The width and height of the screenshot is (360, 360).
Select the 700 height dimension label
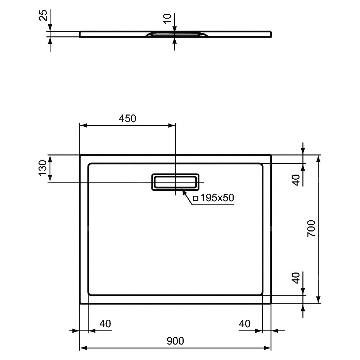[311, 229]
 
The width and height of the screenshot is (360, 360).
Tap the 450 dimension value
[127, 118]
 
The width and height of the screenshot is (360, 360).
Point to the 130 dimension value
[43, 168]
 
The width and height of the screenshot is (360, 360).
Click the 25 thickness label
[44, 15]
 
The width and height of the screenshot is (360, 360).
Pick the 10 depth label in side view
[167, 18]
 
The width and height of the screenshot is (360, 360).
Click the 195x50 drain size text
[217, 198]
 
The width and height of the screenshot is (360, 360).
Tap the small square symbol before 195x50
[195, 198]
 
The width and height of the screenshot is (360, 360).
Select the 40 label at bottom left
[105, 324]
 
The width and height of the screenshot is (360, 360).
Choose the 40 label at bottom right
[244, 324]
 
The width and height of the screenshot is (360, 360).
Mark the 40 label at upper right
[296, 180]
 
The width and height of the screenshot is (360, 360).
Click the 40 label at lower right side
[296, 278]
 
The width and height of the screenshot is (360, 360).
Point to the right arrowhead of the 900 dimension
[267, 348]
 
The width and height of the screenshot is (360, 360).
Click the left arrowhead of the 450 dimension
[84, 126]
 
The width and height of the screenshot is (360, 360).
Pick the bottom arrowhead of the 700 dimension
[318, 300]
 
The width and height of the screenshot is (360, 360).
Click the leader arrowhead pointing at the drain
[184, 191]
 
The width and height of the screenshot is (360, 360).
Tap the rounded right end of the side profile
[271, 34]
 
